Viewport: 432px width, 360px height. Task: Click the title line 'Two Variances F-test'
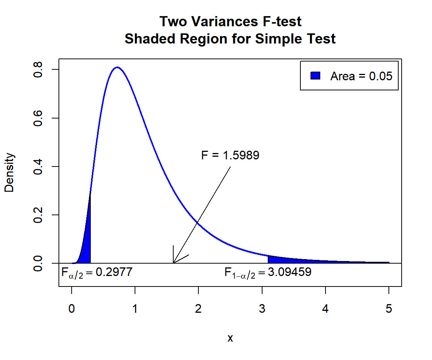pyautogui.click(x=230, y=22)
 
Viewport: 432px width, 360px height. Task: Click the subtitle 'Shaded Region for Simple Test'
pyautogui.click(x=230, y=39)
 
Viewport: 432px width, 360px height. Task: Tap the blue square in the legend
pyautogui.click(x=315, y=76)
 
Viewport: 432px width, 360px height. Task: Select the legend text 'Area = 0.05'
pyautogui.click(x=361, y=76)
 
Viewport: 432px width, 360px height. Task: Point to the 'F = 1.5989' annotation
pyautogui.click(x=230, y=155)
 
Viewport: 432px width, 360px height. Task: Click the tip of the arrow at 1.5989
pyautogui.click(x=173, y=263)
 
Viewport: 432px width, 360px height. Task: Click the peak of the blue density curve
pyautogui.click(x=117, y=67)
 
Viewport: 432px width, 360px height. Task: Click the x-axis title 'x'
pyautogui.click(x=230, y=338)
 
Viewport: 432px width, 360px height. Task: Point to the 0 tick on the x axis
pyautogui.click(x=72, y=309)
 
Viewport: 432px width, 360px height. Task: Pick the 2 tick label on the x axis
pyautogui.click(x=198, y=309)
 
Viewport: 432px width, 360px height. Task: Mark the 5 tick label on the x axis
pyautogui.click(x=389, y=309)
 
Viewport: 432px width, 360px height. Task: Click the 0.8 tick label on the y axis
pyautogui.click(x=37, y=70)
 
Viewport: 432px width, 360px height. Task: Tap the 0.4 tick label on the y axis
pyautogui.click(x=37, y=166)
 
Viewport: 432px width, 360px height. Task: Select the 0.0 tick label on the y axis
pyautogui.click(x=37, y=263)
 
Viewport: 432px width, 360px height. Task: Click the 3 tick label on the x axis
pyautogui.click(x=262, y=309)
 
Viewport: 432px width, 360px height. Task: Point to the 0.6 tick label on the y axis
pyautogui.click(x=37, y=118)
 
